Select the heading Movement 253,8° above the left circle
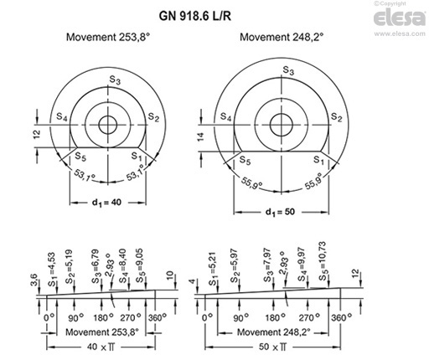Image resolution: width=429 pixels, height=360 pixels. tap(111, 39)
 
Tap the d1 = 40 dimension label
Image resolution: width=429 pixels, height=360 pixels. tap(106, 203)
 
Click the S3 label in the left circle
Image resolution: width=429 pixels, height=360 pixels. tap(113, 80)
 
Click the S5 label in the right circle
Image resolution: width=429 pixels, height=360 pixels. tap(245, 160)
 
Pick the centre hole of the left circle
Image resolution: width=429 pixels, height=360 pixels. tap(107, 125)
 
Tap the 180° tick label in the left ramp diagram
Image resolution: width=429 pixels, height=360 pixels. tap(104, 317)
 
